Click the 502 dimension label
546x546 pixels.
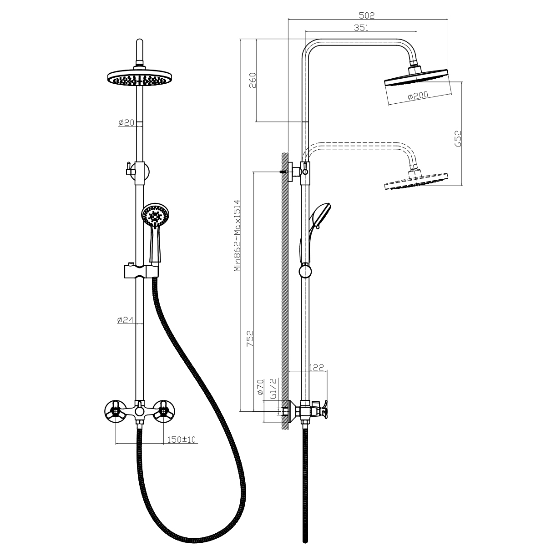[x=367, y=15]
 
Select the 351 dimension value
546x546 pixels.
[x=361, y=27]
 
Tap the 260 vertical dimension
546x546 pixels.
[x=252, y=80]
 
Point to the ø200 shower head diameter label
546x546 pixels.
[x=418, y=96]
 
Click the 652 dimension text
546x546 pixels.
[x=458, y=139]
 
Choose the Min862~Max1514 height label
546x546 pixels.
[x=237, y=236]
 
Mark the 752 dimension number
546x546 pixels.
[x=250, y=339]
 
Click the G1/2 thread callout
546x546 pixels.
[x=273, y=388]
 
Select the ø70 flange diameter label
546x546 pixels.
[x=260, y=387]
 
